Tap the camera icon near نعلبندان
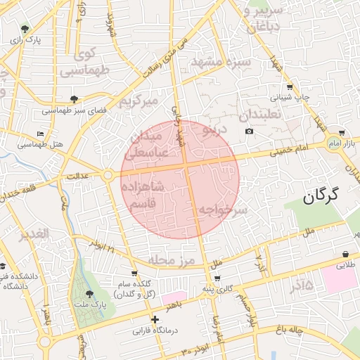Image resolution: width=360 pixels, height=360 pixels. click(x=249, y=131)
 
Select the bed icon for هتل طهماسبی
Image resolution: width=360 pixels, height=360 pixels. click(x=40, y=134)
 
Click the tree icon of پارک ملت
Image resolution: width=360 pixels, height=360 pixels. click(x=89, y=294)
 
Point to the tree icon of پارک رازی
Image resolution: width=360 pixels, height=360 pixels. click(x=25, y=29)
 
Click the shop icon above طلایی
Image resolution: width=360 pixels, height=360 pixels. click(x=346, y=254)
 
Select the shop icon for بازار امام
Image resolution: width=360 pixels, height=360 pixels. click(x=341, y=133)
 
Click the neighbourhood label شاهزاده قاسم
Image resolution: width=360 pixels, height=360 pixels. click(x=143, y=195)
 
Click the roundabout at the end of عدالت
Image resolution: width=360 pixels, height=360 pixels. click(x=108, y=174)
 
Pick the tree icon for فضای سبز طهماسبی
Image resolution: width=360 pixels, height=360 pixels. click(x=75, y=99)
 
